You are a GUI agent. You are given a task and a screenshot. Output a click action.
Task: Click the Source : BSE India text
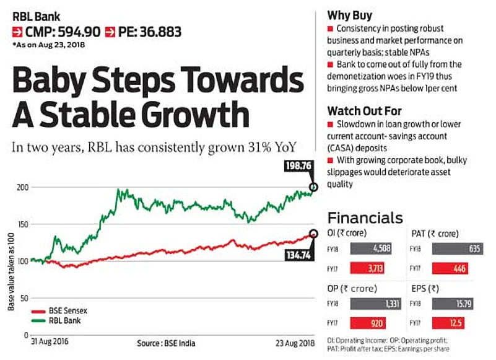point(165,343)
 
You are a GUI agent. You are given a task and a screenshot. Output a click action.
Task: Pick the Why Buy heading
point(349,15)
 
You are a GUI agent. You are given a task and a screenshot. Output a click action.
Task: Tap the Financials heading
point(365,218)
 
